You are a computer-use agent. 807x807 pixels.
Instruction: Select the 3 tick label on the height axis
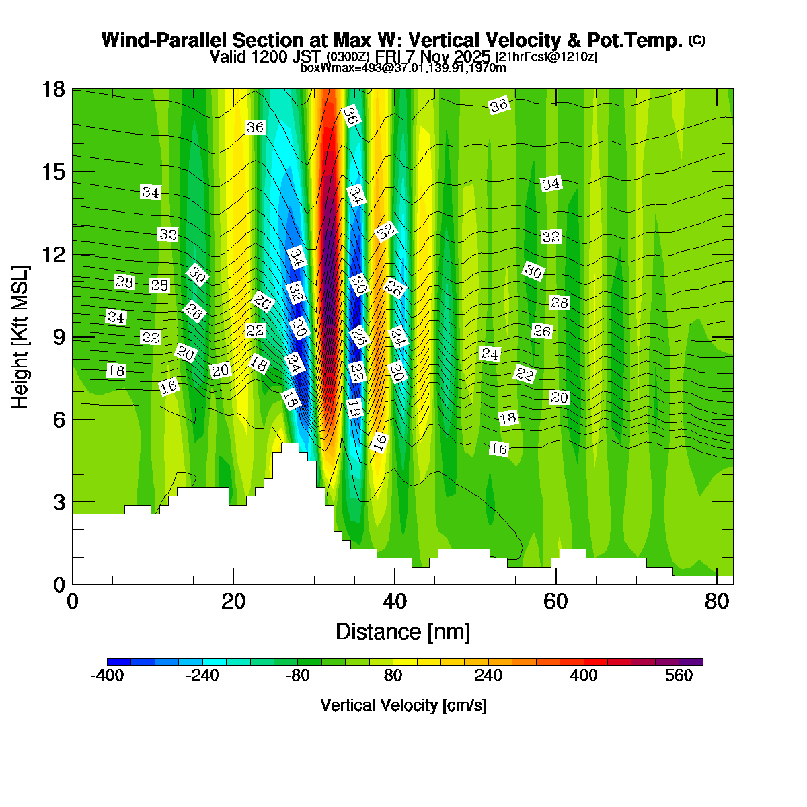tap(59, 502)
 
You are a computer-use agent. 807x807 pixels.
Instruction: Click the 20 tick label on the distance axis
tap(233, 601)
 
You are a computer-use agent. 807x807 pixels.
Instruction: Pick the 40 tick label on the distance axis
tap(395, 601)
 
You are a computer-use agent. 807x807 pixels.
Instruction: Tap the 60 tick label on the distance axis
tap(556, 601)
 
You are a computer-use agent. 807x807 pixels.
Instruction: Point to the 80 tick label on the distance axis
tap(718, 601)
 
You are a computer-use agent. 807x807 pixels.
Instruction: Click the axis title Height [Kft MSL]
tap(21, 336)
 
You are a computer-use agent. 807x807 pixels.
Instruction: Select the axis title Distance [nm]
tap(403, 632)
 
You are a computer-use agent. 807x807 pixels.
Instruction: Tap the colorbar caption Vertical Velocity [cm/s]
tap(403, 705)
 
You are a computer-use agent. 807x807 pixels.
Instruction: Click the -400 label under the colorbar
tap(107, 676)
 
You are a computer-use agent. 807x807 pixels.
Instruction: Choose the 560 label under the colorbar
tap(679, 676)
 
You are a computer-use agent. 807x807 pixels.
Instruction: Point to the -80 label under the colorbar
tap(297, 676)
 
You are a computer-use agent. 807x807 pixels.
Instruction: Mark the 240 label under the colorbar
tap(488, 676)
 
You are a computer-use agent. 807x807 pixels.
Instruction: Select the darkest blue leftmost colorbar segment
tap(119, 662)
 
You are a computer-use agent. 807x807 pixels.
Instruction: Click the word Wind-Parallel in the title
tap(154, 40)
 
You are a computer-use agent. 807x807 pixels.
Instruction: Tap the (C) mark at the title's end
tap(697, 40)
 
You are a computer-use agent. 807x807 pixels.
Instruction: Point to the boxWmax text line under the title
tap(403, 68)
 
